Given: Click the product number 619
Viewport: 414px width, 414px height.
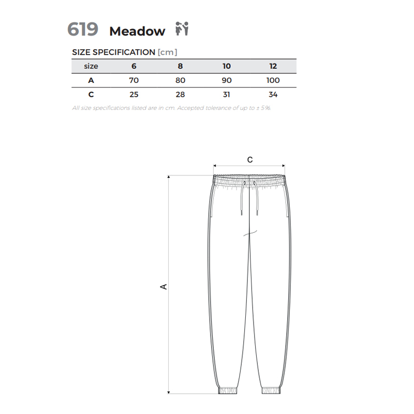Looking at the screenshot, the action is [83, 29].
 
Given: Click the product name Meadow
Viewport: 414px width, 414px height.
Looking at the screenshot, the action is [137, 31].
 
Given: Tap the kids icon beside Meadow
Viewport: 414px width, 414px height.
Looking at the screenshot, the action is [182, 28].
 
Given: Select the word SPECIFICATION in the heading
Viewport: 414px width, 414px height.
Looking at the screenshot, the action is [124, 52].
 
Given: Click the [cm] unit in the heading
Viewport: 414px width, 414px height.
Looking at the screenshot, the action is [167, 52].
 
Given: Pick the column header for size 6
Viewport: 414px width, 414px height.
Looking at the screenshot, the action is [134, 66].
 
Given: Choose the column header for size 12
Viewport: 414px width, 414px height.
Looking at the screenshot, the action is [273, 66].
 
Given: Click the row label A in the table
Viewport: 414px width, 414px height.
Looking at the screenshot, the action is [91, 80].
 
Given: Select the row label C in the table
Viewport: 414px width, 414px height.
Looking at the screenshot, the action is [91, 95].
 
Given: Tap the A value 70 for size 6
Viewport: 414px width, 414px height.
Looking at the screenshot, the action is [134, 80].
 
